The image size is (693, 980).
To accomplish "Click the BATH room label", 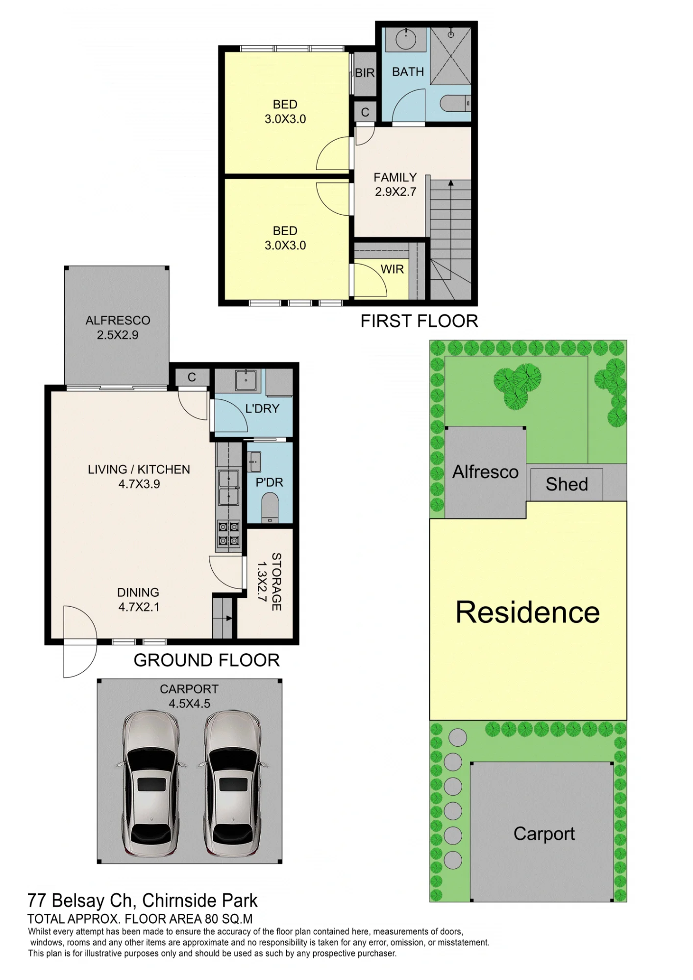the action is pyautogui.click(x=408, y=72).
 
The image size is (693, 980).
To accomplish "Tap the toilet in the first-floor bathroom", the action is pyautogui.click(x=455, y=103).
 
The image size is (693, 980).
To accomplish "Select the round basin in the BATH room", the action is pyautogui.click(x=405, y=39).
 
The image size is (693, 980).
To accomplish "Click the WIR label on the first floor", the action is pyautogui.click(x=392, y=269).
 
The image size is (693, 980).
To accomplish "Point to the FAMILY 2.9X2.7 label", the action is pyautogui.click(x=396, y=184).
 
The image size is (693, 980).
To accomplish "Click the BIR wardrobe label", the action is pyautogui.click(x=365, y=73).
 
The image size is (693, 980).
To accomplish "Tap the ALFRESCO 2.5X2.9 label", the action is pyautogui.click(x=118, y=327).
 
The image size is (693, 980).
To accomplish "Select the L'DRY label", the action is pyautogui.click(x=262, y=408).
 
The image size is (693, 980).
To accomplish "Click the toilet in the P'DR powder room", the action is pyautogui.click(x=270, y=508).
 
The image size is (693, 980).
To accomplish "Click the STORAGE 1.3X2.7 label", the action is pyautogui.click(x=270, y=582).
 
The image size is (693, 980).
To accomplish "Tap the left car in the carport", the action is pyautogui.click(x=149, y=783).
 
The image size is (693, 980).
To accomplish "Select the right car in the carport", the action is pyautogui.click(x=232, y=783).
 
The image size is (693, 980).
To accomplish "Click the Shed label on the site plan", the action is pyautogui.click(x=567, y=484).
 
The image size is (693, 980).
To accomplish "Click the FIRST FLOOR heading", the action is pyautogui.click(x=419, y=321).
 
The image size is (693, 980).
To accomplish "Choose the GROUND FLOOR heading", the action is pyautogui.click(x=206, y=660).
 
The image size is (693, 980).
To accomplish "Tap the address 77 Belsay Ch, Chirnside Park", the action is pyautogui.click(x=143, y=901).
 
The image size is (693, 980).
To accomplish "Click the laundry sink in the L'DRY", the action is pyautogui.click(x=247, y=380).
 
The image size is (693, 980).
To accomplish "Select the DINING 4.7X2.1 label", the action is pyautogui.click(x=138, y=599).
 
